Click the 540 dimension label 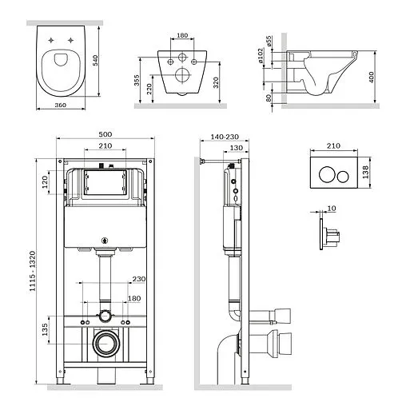pyautogui.click(x=95, y=61)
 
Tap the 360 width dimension pyautogui.click(x=61, y=105)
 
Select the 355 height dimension pyautogui.click(x=137, y=80)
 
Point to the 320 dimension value pyautogui.click(x=216, y=82)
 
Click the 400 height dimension pyautogui.click(x=372, y=78)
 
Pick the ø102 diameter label pyautogui.click(x=261, y=55)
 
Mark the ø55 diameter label pyautogui.click(x=269, y=41)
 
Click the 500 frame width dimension pyautogui.click(x=105, y=134)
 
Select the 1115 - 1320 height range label pyautogui.click(x=32, y=271)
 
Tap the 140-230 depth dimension pyautogui.click(x=225, y=137)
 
